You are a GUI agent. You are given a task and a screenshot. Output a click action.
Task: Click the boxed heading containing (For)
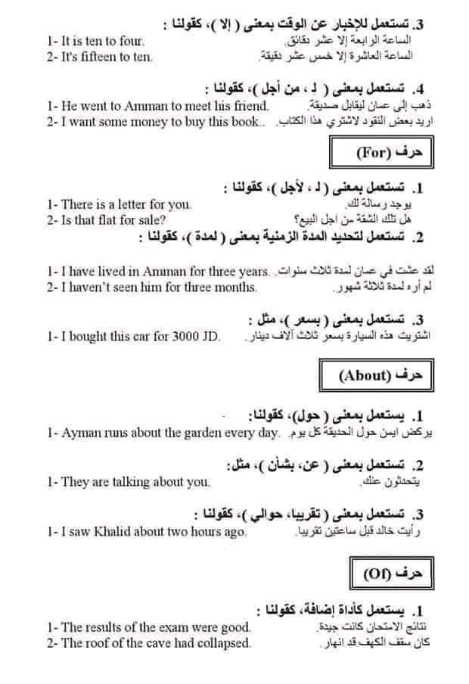383,153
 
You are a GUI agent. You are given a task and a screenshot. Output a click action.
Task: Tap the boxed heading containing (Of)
390,573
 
